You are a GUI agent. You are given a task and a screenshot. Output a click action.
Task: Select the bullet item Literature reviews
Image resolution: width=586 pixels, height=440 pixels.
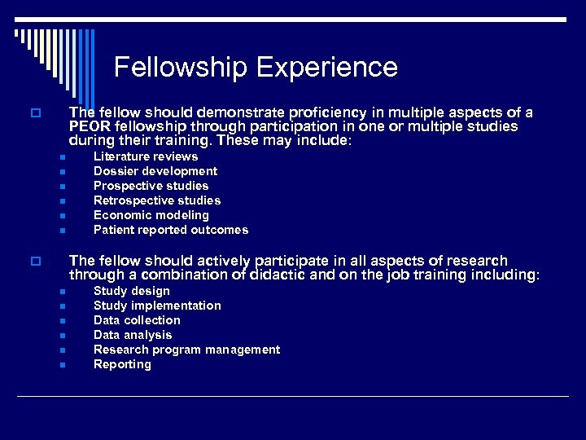(x=146, y=156)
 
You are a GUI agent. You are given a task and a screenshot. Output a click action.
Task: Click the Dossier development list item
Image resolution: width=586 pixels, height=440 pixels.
(x=155, y=171)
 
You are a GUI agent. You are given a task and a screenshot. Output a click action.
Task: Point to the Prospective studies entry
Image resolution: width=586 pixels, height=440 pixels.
(x=151, y=186)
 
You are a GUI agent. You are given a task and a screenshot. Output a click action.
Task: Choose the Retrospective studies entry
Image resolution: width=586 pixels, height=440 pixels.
(x=157, y=200)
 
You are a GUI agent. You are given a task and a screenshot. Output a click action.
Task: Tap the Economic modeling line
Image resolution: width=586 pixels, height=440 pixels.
(x=151, y=215)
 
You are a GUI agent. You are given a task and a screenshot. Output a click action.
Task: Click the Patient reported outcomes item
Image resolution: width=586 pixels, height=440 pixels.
(x=171, y=230)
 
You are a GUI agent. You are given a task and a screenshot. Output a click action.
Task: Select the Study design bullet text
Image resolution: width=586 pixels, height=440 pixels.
(x=132, y=291)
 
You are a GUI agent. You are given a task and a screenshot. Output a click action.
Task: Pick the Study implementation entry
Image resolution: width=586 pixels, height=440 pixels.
(x=157, y=306)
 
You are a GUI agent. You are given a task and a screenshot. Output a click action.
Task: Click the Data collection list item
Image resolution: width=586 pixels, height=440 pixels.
(x=137, y=320)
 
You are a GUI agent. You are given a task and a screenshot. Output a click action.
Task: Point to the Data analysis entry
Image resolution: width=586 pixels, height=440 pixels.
(x=133, y=335)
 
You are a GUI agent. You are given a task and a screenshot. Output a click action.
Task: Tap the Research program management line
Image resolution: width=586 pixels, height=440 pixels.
(x=186, y=350)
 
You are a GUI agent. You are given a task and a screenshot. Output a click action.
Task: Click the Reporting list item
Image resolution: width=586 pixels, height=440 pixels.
(x=122, y=364)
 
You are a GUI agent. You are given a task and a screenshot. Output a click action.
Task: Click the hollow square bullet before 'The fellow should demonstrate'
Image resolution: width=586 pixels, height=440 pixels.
(x=34, y=113)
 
